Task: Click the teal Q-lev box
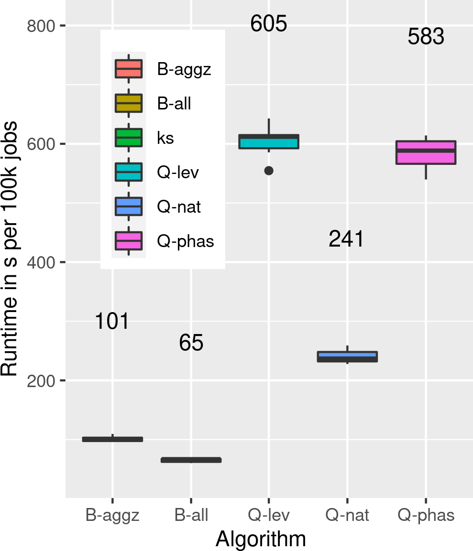pos(269,142)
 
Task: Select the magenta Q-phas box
pos(426,152)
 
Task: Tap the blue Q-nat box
pos(347,357)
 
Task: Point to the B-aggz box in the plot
pos(112,439)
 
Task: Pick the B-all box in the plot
pos(191,460)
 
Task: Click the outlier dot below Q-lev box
pos(269,171)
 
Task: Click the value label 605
pos(268,24)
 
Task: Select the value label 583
pos(426,37)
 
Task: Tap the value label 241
pos(346,239)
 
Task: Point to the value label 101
pos(112,321)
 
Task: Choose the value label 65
pos(191,343)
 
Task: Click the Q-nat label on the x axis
pos(347,515)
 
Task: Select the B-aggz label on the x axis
pos(112,515)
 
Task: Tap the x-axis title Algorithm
pos(261,539)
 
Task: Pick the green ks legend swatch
pos(129,138)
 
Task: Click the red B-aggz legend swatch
pos(129,69)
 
